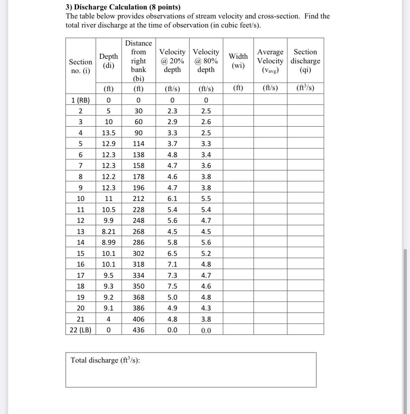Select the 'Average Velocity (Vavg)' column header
(270, 61)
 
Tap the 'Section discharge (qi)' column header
(305, 61)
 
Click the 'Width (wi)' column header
(238, 61)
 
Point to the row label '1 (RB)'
(80, 100)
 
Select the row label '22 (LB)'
(80, 330)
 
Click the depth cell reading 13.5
(108, 133)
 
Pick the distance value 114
(138, 144)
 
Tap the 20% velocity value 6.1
(172, 198)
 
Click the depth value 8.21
(108, 232)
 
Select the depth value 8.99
(108, 242)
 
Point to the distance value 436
(138, 330)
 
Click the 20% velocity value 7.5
(172, 286)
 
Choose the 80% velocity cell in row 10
(206, 198)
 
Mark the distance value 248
(138, 220)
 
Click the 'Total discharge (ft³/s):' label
(105, 360)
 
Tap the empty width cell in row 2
(238, 111)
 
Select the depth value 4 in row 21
(108, 319)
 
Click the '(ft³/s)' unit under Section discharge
(305, 88)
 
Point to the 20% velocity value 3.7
(172, 144)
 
